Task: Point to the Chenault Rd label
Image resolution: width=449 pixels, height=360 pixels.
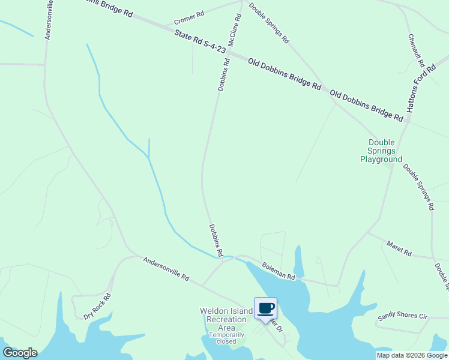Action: (417, 50)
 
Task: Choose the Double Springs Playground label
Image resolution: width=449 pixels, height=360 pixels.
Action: (381, 151)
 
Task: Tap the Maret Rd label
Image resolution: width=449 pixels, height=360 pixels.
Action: (399, 249)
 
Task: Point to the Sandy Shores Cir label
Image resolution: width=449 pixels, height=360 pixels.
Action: (402, 316)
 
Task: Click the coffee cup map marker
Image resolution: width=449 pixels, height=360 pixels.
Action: (265, 308)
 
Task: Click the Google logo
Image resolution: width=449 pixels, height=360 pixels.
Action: (20, 353)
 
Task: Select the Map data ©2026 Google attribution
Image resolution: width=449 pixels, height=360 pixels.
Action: (412, 355)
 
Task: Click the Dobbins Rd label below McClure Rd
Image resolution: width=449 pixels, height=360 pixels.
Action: (223, 74)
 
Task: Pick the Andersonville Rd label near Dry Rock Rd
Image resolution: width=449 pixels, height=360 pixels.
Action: (166, 269)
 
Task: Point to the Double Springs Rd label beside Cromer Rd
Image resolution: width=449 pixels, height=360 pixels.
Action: (268, 23)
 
